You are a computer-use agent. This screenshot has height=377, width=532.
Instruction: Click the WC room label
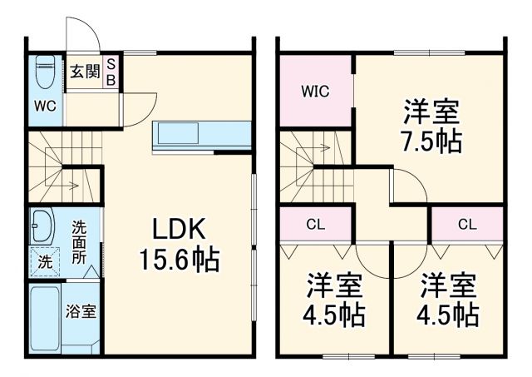point(43,106)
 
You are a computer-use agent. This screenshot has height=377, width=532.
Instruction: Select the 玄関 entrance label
point(82,72)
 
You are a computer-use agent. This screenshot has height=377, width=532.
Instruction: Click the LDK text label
point(178,230)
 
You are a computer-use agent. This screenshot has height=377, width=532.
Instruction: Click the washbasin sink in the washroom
point(42,225)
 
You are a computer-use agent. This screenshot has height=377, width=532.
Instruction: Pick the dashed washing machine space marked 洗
point(42,260)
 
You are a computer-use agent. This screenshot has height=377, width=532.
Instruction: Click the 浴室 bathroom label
point(81,313)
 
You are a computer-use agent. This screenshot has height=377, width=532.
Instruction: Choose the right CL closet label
point(467,223)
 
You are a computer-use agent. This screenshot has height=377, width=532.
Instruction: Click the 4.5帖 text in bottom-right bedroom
point(448,315)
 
